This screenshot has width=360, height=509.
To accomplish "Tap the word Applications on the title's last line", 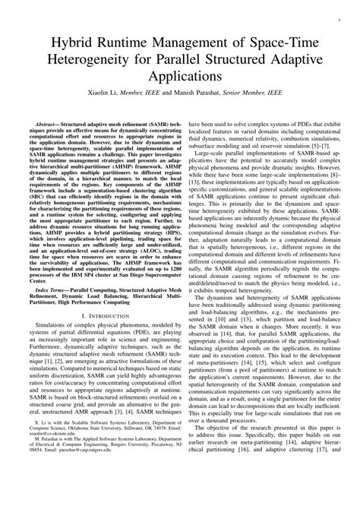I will click(x=179, y=77).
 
